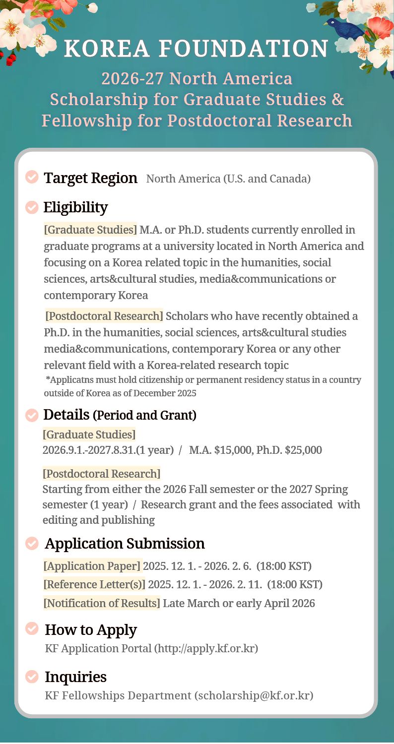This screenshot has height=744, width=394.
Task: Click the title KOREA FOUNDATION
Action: (x=197, y=49)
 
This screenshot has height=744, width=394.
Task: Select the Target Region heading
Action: (x=90, y=178)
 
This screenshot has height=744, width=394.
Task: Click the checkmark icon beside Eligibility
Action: (x=32, y=207)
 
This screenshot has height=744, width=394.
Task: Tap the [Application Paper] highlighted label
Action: (x=92, y=566)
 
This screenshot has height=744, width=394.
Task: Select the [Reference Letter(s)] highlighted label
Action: (x=94, y=585)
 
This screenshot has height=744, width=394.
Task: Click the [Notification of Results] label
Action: (x=102, y=604)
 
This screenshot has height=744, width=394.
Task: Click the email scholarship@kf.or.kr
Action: (x=255, y=696)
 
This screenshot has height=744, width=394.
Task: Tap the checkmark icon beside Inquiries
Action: (x=32, y=676)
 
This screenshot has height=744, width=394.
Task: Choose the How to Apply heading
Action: (x=91, y=630)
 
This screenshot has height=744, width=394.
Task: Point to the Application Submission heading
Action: (x=125, y=544)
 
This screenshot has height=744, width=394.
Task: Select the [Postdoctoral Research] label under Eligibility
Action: (x=104, y=316)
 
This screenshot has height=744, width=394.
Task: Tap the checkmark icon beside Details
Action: (x=32, y=415)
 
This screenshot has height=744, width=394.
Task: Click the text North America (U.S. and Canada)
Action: (x=228, y=179)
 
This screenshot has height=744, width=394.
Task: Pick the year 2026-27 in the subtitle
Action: (x=131, y=78)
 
